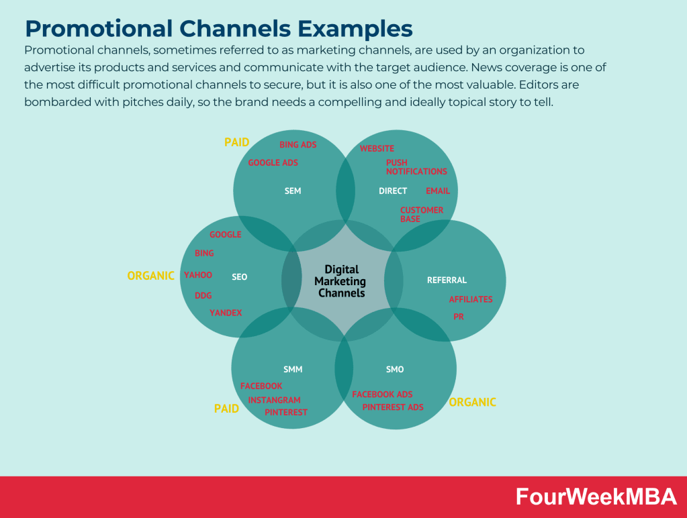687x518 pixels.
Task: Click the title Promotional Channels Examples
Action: [x=218, y=29]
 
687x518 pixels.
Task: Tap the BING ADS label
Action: [x=297, y=145]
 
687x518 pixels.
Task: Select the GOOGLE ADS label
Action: [x=273, y=163]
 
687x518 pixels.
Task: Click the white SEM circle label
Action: [x=293, y=191]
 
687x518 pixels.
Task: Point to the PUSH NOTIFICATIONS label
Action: [x=416, y=167]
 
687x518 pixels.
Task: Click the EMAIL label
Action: [x=438, y=191]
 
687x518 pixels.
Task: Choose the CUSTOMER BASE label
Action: [x=421, y=215]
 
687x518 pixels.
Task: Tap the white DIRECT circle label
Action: [x=393, y=191]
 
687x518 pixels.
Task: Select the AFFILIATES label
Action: [x=470, y=299]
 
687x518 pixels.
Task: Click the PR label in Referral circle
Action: [x=459, y=317]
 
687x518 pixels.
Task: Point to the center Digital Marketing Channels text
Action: [x=341, y=281]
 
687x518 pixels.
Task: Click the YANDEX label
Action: [x=226, y=313]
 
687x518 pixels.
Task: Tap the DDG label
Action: [x=203, y=296]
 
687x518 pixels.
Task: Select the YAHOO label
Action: [x=198, y=275]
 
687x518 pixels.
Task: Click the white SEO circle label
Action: [x=239, y=277]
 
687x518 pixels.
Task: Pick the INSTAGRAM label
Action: [x=274, y=401]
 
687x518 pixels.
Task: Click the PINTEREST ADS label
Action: [x=393, y=407]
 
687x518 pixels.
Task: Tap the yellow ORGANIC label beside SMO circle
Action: [x=472, y=403]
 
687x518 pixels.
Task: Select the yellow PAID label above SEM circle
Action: [x=236, y=142]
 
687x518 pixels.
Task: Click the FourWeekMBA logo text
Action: [x=596, y=497]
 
